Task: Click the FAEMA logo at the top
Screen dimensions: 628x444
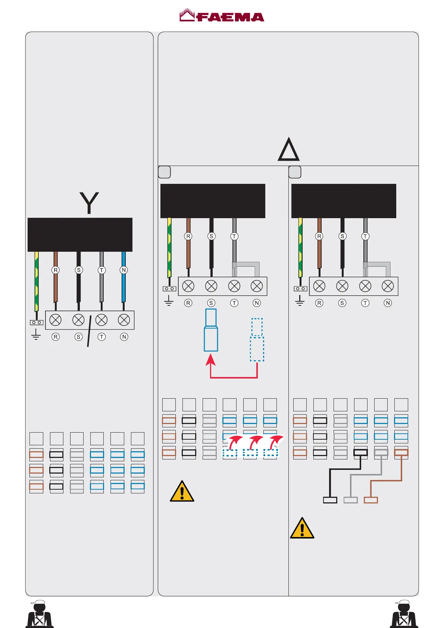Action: click(222, 16)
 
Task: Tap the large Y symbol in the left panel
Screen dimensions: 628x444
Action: click(89, 202)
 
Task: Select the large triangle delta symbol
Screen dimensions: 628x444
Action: click(288, 150)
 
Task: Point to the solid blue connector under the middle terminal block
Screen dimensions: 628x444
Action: click(211, 330)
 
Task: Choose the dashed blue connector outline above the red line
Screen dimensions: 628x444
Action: click(257, 340)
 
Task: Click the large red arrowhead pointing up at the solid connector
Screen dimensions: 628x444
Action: click(211, 359)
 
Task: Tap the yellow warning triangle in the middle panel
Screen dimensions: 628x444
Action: click(182, 492)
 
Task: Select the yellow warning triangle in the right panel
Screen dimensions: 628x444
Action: click(302, 528)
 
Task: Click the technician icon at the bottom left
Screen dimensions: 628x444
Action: click(40, 614)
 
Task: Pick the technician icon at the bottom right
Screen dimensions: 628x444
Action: click(404, 614)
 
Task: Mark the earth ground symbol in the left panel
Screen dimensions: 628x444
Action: click(36, 334)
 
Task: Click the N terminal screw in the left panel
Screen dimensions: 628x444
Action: click(124, 320)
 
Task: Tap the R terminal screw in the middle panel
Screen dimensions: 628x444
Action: click(188, 286)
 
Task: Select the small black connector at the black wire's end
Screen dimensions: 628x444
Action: click(330, 500)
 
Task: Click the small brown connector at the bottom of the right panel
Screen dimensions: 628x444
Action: click(370, 500)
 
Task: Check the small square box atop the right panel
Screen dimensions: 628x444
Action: click(295, 172)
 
